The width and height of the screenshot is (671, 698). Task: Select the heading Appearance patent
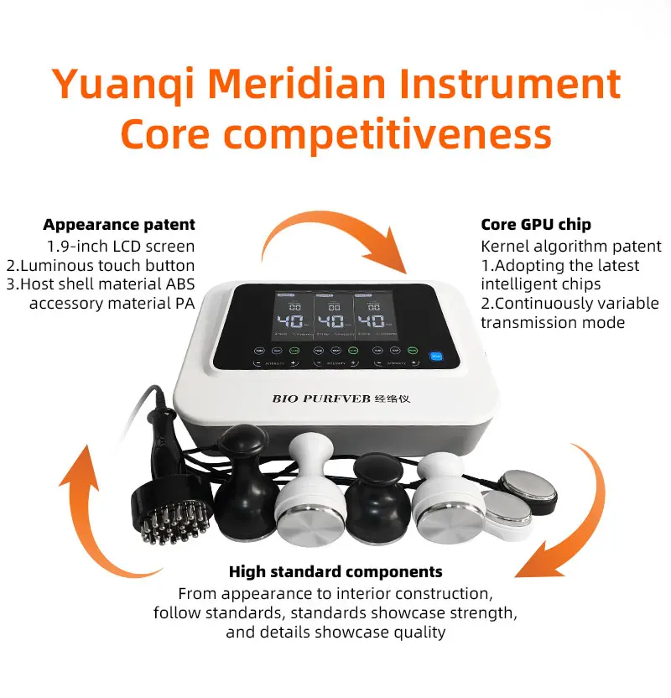tap(119, 225)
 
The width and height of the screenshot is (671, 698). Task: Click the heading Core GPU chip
tap(535, 225)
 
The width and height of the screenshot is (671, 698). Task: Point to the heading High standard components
tap(335, 572)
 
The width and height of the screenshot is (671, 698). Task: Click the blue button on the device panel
tap(435, 355)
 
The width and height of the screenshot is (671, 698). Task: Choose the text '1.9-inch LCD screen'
tap(121, 246)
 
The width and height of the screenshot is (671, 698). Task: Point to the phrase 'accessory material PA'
tap(112, 304)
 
